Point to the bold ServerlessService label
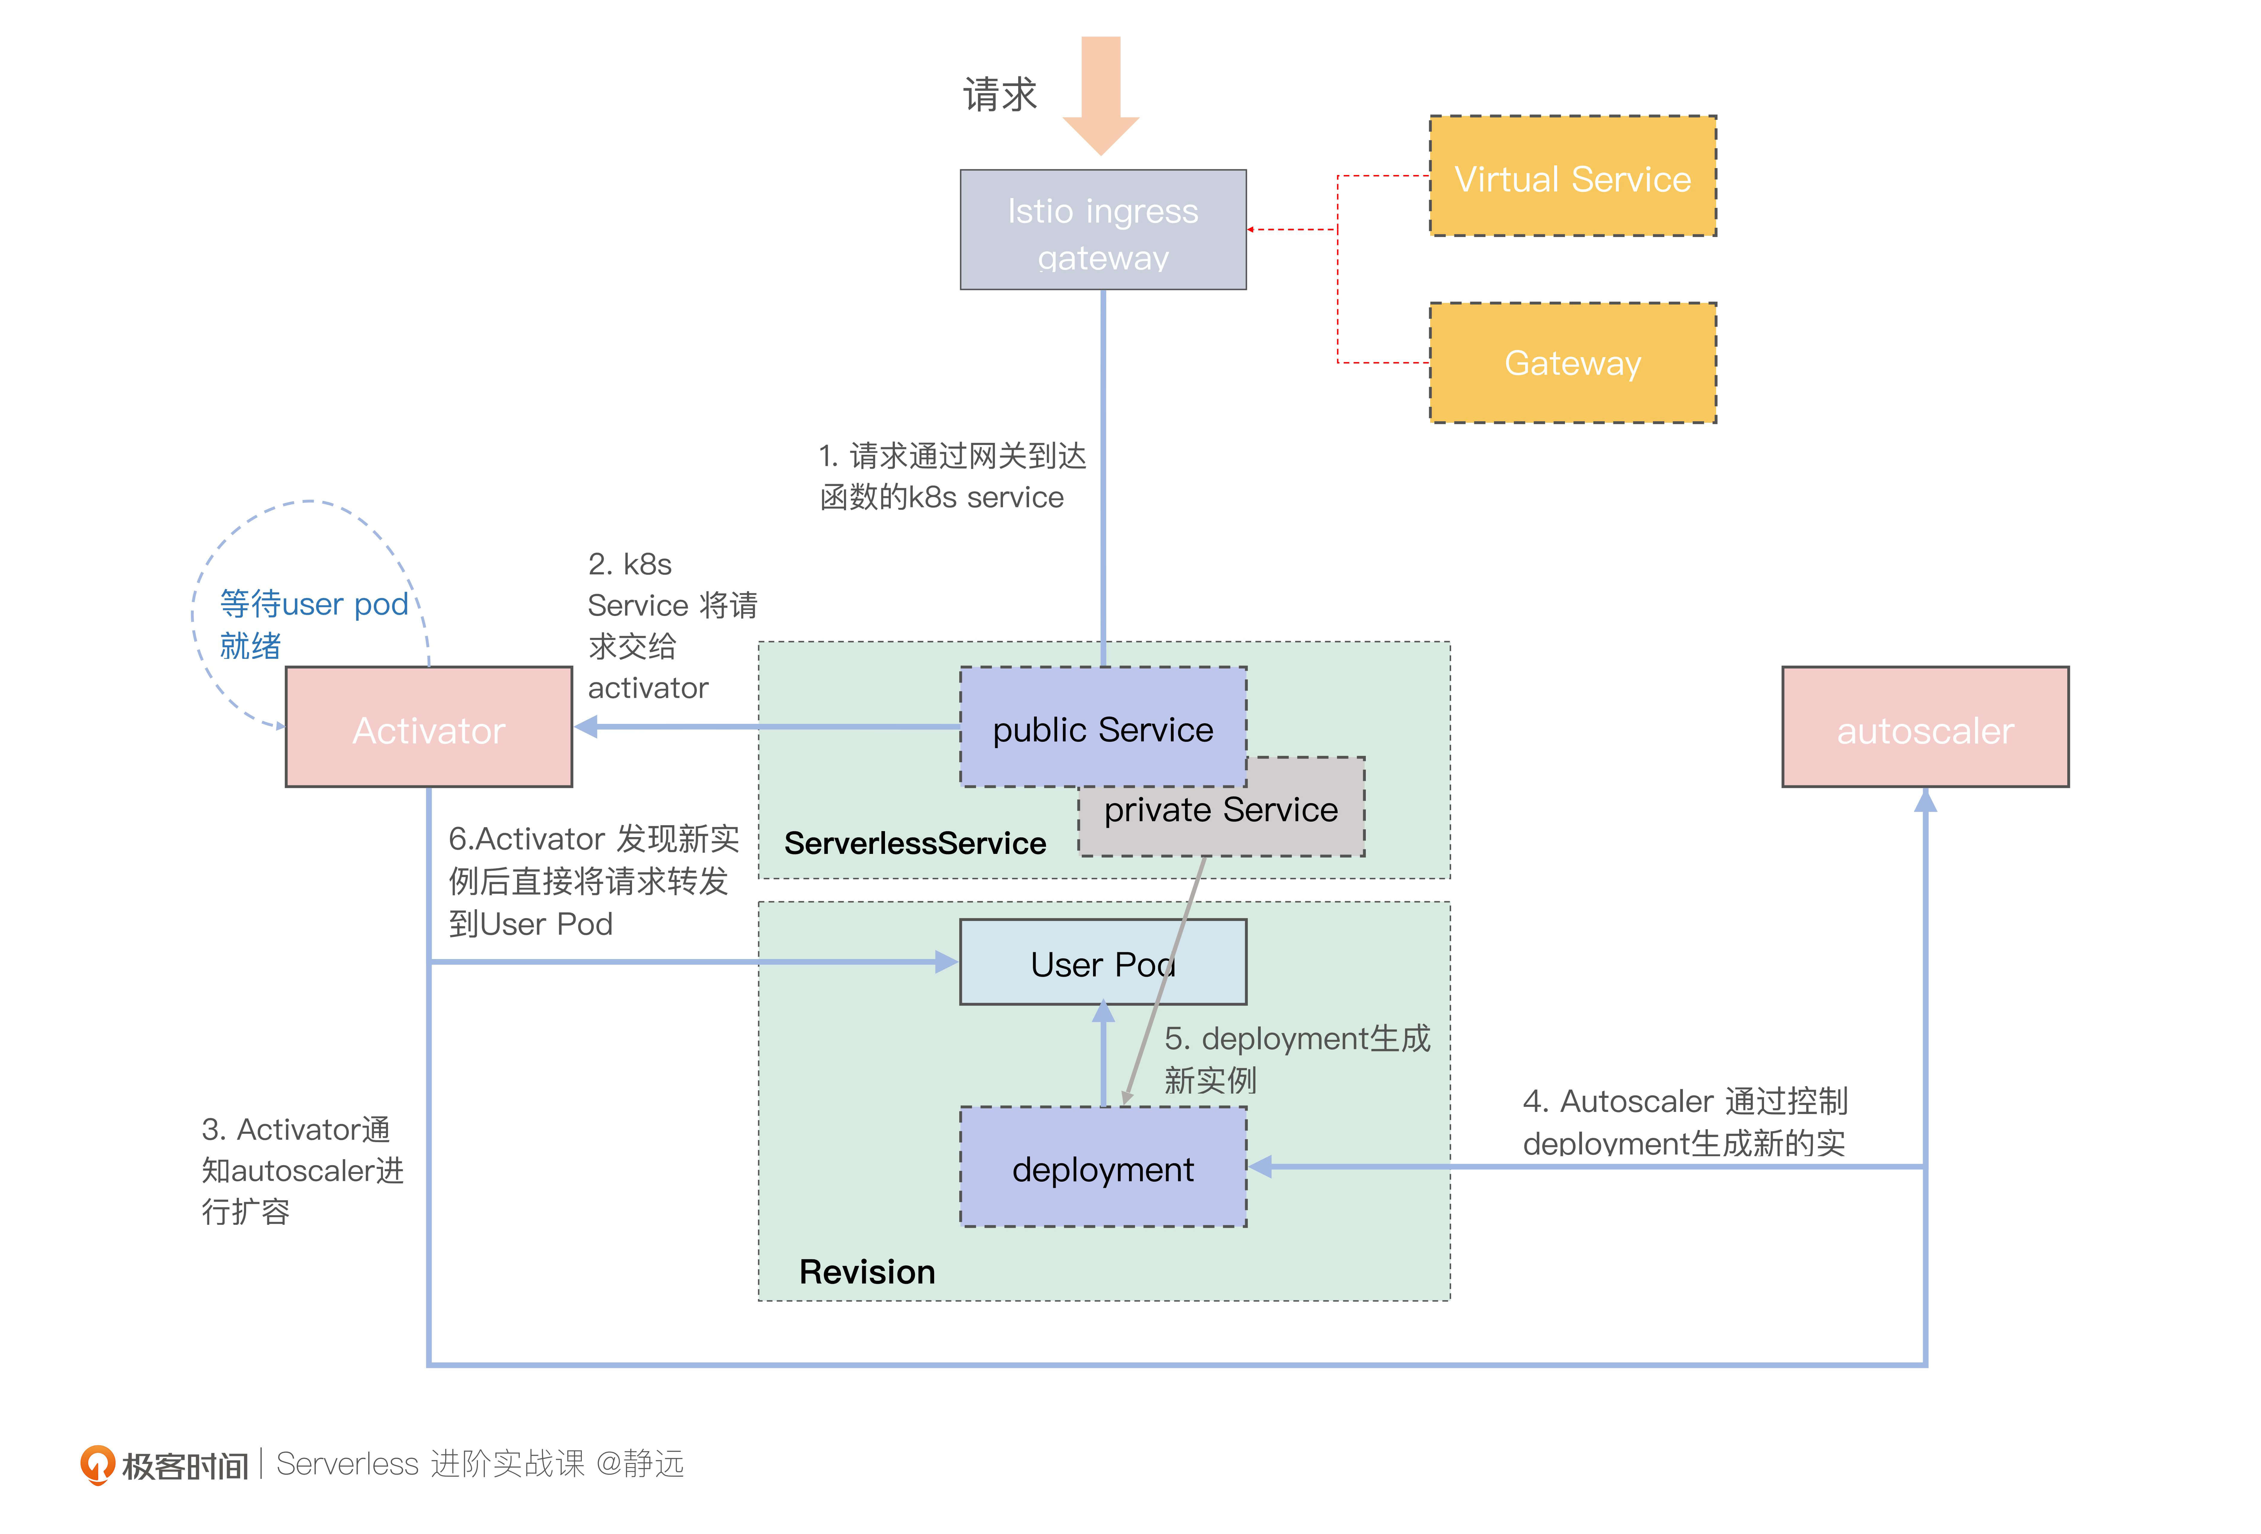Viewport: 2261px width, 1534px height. pos(915,843)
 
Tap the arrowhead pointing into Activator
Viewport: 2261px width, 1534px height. pos(587,727)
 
